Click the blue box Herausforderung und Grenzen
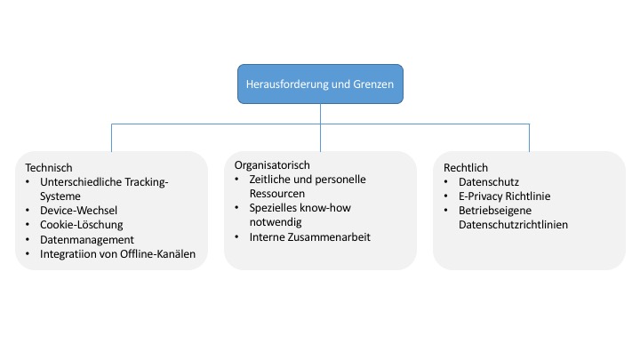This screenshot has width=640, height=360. click(x=320, y=84)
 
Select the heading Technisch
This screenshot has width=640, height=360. click(x=49, y=168)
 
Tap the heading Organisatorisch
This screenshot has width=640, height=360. click(x=272, y=165)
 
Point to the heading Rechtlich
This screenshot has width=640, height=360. click(x=466, y=168)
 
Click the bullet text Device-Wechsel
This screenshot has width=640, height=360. click(x=78, y=210)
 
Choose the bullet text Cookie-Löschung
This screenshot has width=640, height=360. click(x=81, y=225)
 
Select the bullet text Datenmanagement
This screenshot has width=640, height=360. click(x=87, y=240)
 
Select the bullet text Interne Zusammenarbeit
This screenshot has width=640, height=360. click(x=310, y=237)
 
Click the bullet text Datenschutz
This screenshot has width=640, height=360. click(x=489, y=182)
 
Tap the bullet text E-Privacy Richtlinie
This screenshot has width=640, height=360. click(x=505, y=196)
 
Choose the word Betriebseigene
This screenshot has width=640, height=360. click(x=495, y=211)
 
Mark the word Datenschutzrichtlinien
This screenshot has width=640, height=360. click(x=513, y=225)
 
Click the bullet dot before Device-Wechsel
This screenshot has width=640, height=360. click(x=28, y=211)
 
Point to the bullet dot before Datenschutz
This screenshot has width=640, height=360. click(x=445, y=182)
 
